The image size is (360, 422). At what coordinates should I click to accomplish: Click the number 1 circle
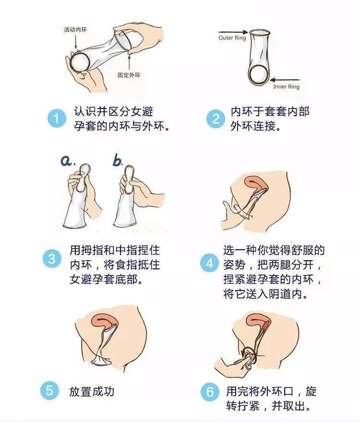(56, 118)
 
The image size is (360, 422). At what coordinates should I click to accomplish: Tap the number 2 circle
(216, 118)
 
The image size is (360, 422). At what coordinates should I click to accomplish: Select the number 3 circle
(52, 258)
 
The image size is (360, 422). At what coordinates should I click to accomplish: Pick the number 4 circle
(209, 264)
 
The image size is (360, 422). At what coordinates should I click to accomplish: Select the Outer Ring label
(232, 38)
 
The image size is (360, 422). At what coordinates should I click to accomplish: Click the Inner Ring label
(286, 87)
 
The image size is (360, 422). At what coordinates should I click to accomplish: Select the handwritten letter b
(118, 161)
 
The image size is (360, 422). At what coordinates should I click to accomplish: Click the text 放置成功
(92, 391)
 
